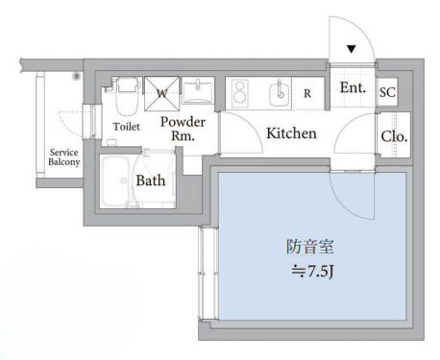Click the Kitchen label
tap(291, 133)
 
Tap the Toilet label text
tap(127, 126)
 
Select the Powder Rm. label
tap(183, 129)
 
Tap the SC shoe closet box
tap(388, 92)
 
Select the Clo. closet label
tap(393, 137)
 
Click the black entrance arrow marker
tap(353, 49)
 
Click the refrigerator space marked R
tap(306, 94)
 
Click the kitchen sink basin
tap(280, 94)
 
